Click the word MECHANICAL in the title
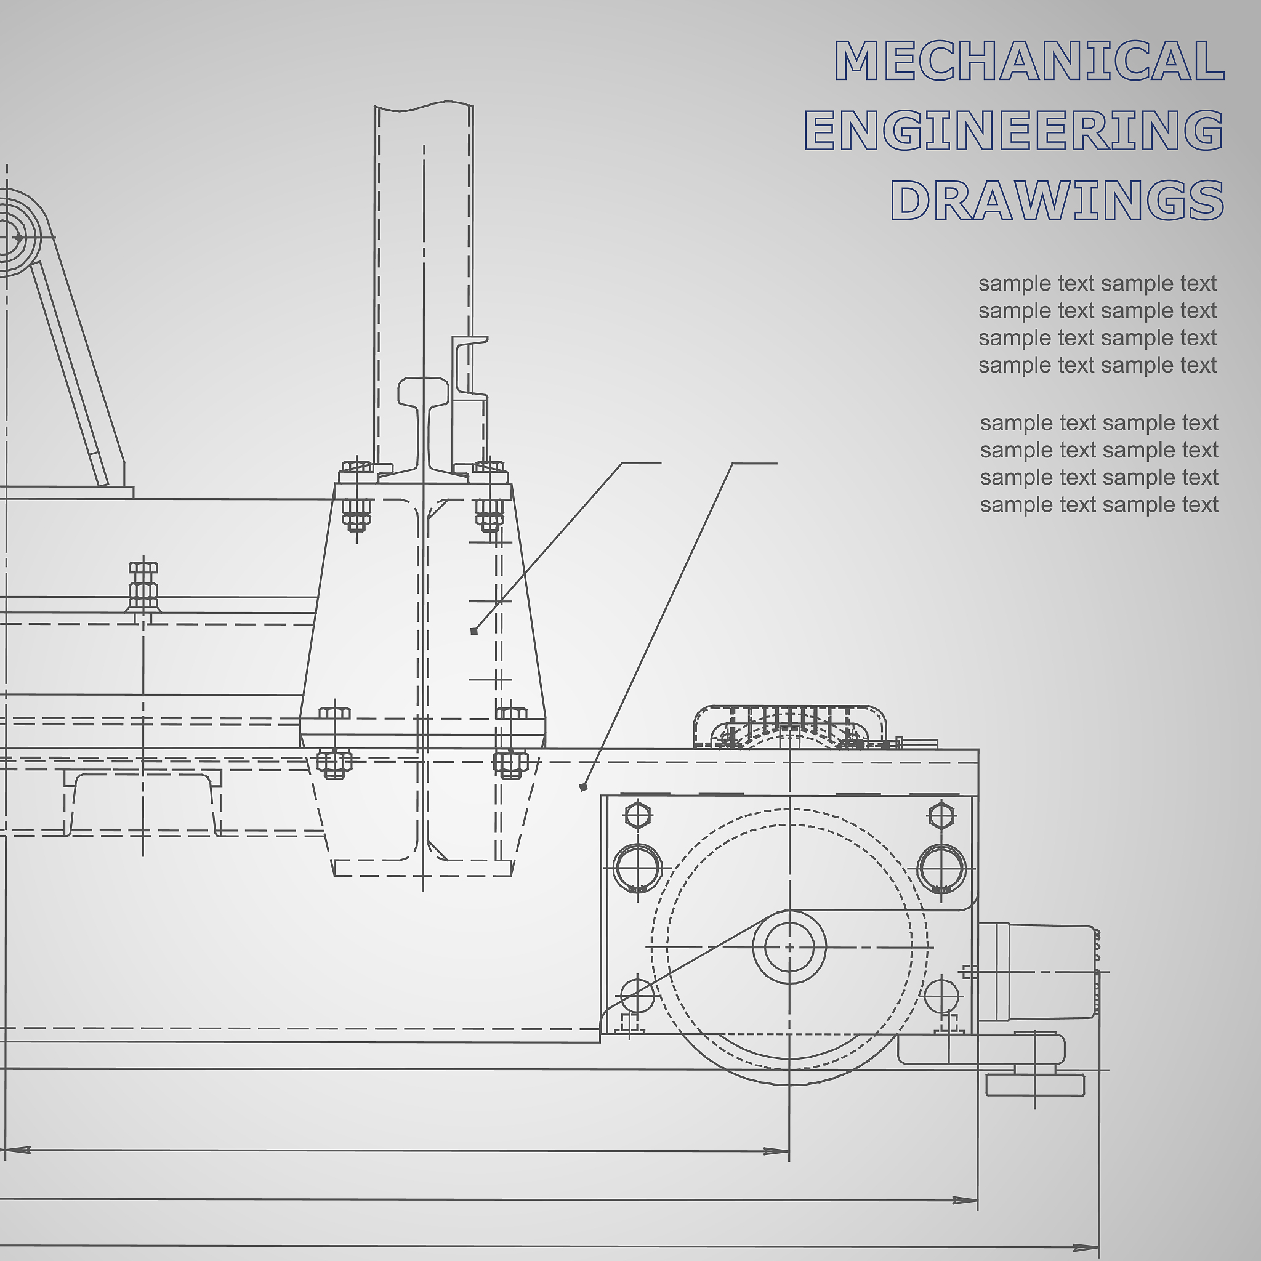click(1029, 61)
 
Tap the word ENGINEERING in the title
click(1013, 130)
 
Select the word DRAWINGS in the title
click(1057, 199)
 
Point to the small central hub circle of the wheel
click(789, 946)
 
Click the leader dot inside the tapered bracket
click(474, 631)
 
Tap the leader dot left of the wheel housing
click(584, 787)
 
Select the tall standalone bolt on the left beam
click(143, 587)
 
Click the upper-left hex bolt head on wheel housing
click(638, 815)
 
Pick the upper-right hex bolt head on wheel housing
click(941, 815)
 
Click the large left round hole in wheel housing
click(638, 869)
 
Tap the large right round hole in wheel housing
click(941, 869)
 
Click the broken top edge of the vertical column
click(424, 107)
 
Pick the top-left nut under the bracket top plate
click(357, 513)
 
